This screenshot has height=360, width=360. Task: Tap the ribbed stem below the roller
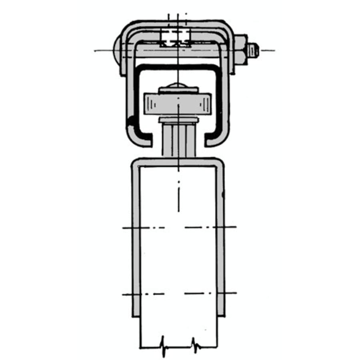tap(178, 140)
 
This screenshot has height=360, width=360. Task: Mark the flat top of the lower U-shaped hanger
tap(178, 162)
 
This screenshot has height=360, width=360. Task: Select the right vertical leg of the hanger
tap(220, 240)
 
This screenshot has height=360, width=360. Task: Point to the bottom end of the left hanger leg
tap(136, 314)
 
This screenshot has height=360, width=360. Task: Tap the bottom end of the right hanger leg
tap(220, 314)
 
